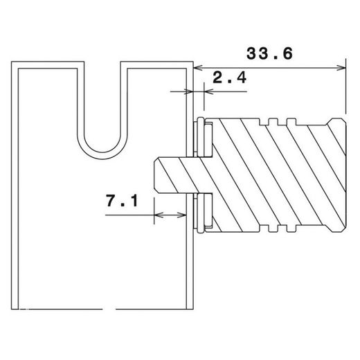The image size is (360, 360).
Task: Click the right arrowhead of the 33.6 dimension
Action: click(x=340, y=67)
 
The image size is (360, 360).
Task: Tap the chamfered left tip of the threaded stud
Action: click(x=156, y=175)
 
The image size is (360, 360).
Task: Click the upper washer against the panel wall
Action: click(x=201, y=138)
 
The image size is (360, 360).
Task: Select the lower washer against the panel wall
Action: click(x=201, y=213)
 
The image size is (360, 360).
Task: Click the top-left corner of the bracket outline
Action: click(x=15, y=64)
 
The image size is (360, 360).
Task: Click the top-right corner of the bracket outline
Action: click(x=191, y=64)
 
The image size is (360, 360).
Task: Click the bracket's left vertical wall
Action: click(x=16, y=187)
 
